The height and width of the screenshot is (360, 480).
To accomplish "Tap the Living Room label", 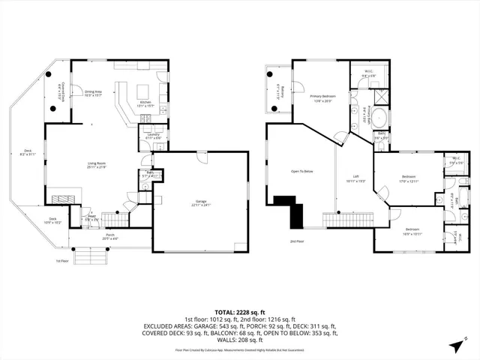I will (x=95, y=164).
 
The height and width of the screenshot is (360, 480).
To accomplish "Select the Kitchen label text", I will (x=145, y=103).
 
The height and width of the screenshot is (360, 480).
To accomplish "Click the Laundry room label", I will (x=153, y=136).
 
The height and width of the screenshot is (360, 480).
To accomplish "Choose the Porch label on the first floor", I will (x=109, y=235).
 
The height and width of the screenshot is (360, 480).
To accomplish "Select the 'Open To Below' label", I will (x=301, y=171).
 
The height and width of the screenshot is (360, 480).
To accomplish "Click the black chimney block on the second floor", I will (x=291, y=208).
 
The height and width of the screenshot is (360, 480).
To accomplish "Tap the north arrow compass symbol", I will (x=456, y=346).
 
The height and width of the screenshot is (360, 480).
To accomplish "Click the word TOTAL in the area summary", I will (x=226, y=311).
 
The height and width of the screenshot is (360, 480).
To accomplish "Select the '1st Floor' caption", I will (x=62, y=261).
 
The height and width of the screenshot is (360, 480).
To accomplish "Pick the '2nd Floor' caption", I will (x=297, y=241).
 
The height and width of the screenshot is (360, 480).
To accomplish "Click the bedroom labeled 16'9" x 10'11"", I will (x=412, y=230).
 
